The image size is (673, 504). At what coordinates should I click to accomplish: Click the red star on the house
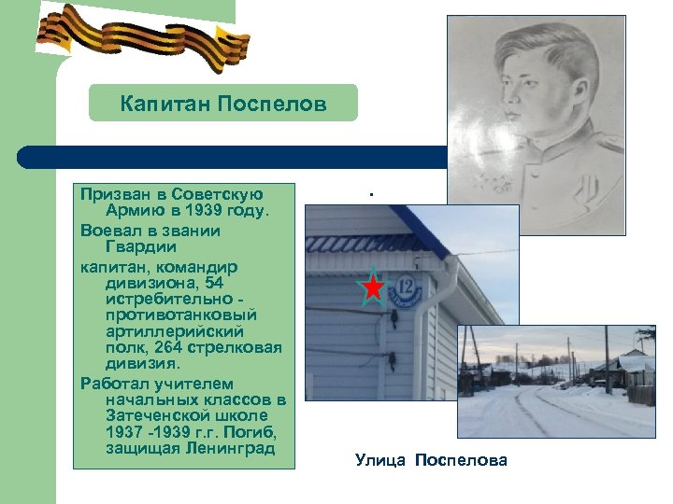click(373, 287)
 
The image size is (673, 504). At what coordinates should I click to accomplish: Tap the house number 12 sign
click(406, 289)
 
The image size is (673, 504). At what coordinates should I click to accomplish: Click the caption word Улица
click(380, 459)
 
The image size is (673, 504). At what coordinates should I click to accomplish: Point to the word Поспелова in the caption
click(461, 459)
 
